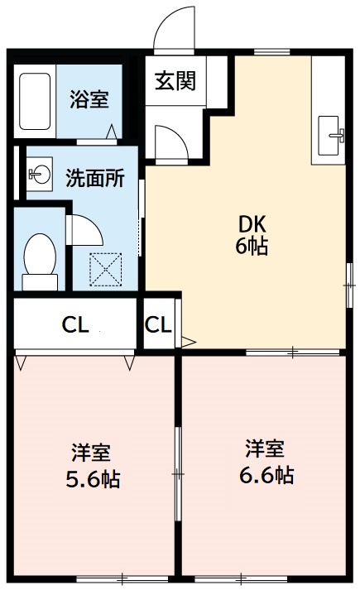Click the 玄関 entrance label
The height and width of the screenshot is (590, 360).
[x=175, y=82]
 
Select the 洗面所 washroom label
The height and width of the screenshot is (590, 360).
[x=95, y=177]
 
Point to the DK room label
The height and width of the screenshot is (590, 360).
[x=253, y=223]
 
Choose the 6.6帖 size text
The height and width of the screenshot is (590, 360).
[x=265, y=476]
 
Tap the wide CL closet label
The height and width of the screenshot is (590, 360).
[x=75, y=324]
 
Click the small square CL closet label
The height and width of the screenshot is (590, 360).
[x=159, y=324]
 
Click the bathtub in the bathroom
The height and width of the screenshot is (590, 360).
[x=35, y=102]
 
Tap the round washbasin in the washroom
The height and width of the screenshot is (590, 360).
[x=39, y=174]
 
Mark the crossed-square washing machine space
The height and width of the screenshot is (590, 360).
[x=106, y=267]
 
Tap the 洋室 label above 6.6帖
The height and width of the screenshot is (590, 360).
[x=265, y=449]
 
